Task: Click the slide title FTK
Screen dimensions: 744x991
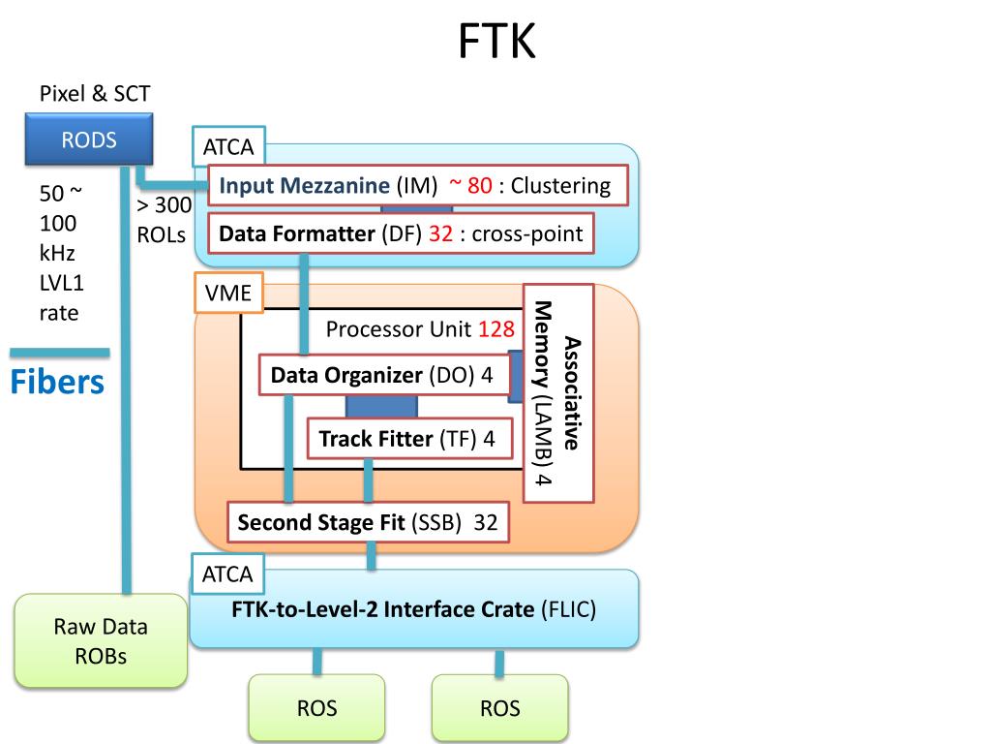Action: (x=496, y=41)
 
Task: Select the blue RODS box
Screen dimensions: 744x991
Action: (x=89, y=139)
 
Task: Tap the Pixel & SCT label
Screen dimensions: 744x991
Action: (x=95, y=94)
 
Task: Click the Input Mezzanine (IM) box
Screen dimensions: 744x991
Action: (x=419, y=186)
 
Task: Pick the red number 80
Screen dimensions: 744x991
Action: (x=479, y=186)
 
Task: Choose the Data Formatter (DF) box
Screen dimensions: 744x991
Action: (x=400, y=233)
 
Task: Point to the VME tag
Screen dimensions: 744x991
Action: (x=228, y=294)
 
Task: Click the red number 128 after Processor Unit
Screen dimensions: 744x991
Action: (x=495, y=329)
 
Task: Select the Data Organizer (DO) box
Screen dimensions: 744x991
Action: (x=383, y=375)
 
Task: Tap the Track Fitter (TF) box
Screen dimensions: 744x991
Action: (x=407, y=439)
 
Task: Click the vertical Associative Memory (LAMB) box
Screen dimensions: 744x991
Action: (x=557, y=392)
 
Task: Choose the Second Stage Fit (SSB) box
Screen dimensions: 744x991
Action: (x=368, y=523)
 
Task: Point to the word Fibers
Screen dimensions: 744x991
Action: (x=57, y=382)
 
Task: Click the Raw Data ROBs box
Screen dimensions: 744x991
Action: (x=101, y=640)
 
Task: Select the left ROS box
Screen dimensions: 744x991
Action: (x=316, y=708)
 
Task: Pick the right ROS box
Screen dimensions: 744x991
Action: (x=499, y=708)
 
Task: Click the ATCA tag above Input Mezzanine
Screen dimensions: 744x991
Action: (x=228, y=148)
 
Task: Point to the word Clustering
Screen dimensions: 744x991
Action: (x=560, y=186)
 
